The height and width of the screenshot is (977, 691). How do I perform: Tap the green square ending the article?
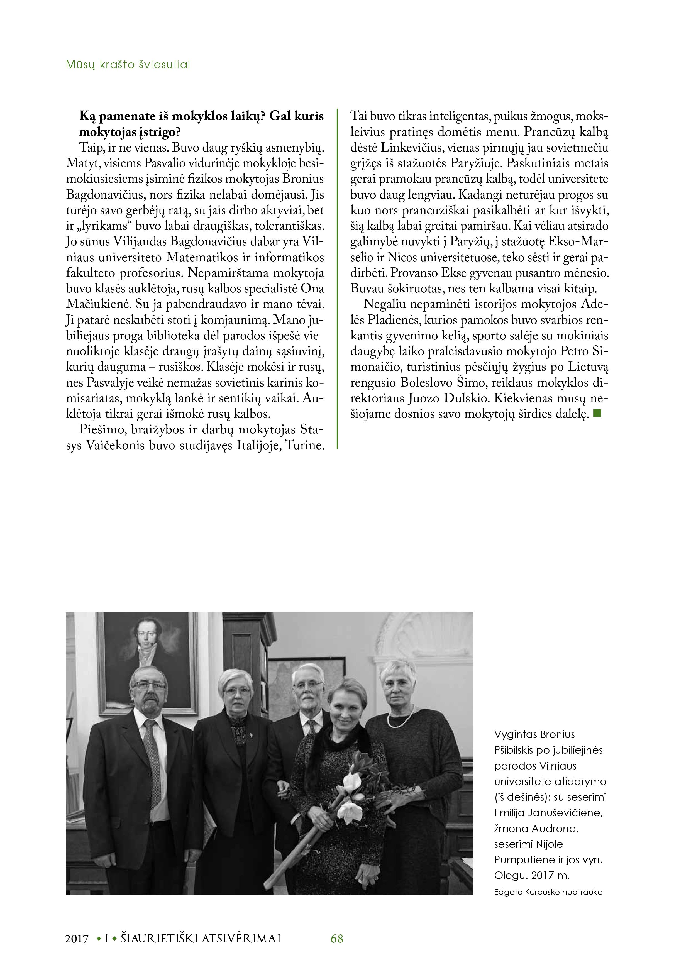(x=597, y=412)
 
